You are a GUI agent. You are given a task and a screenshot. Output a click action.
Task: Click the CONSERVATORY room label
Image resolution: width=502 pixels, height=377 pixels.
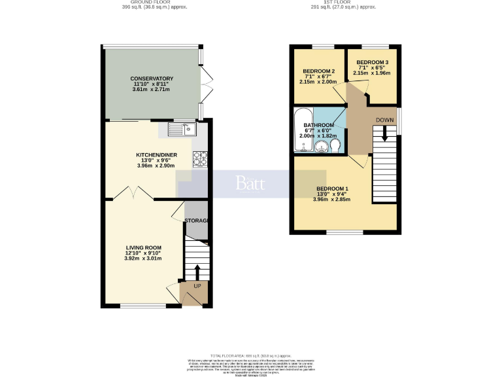152,79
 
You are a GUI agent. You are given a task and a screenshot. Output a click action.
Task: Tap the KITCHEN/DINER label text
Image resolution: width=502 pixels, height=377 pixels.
152,154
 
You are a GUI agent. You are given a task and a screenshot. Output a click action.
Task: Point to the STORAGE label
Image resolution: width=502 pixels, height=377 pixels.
196,221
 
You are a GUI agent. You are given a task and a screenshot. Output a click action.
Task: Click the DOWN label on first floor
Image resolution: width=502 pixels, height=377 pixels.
385,120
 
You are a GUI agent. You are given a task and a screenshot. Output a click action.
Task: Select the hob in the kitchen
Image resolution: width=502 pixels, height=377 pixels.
200,158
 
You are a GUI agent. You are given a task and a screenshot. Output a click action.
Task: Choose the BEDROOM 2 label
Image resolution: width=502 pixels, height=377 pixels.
319,71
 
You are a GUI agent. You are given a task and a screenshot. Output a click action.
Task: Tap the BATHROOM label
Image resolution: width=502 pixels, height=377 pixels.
318,125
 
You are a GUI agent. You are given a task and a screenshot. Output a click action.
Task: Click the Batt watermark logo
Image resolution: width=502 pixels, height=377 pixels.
250,183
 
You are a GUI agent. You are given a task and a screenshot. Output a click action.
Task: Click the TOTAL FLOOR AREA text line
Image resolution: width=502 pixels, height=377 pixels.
250,353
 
